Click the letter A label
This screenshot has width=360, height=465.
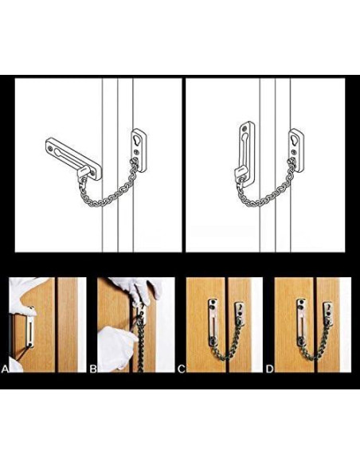point(5,369)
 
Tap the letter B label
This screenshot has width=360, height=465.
point(93,369)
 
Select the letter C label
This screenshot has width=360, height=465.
point(182,369)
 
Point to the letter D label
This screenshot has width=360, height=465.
point(269,369)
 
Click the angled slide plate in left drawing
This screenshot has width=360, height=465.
point(72,158)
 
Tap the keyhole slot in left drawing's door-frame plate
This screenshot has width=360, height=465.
point(136,139)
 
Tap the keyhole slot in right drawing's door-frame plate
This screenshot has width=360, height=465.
point(294,139)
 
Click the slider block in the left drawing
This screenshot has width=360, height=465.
point(84,171)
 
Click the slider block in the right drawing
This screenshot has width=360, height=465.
point(241,172)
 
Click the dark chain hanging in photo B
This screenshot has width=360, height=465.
point(140,347)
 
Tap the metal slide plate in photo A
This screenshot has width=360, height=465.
point(30,326)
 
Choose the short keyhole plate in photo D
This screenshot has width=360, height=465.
point(327,313)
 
